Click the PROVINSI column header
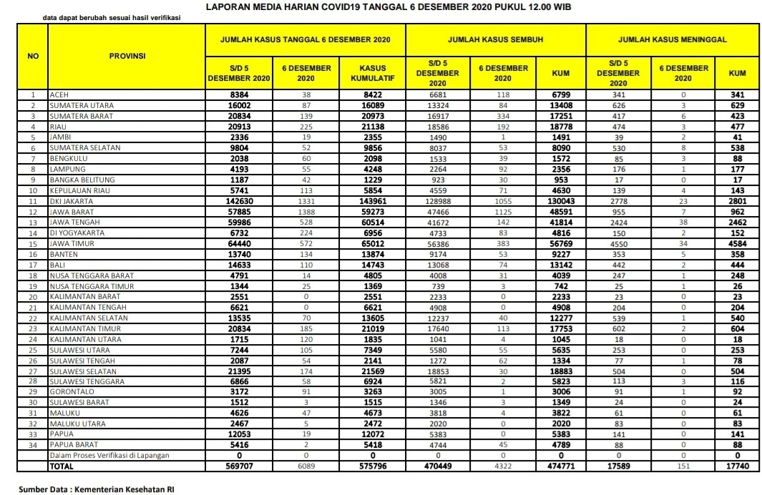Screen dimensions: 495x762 [x=126, y=55]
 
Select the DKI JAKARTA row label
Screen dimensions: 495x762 [x=72, y=202]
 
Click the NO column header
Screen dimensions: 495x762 [x=32, y=55]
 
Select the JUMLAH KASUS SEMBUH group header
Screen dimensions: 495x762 [x=495, y=39]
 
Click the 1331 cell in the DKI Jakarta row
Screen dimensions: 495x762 [x=307, y=202]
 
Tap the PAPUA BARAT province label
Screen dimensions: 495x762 [x=73, y=445]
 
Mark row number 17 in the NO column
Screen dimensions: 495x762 [x=32, y=265]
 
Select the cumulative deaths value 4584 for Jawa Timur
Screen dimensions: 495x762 [x=737, y=243]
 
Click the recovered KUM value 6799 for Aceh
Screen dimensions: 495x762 [x=560, y=95]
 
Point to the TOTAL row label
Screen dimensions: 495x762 [x=62, y=466]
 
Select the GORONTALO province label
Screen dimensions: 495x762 [x=70, y=392]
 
